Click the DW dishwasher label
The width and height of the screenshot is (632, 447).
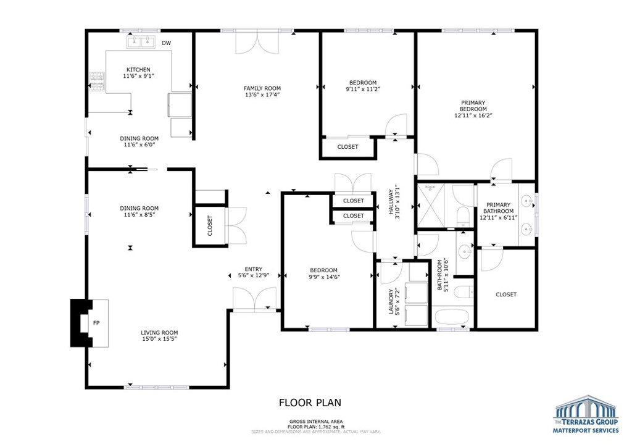tap(166, 43)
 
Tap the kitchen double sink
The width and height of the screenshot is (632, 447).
tap(141, 42)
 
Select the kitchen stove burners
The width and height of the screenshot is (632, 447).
tap(97, 81)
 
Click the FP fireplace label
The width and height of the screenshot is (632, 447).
tap(96, 323)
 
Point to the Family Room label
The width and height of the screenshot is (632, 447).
tap(262, 88)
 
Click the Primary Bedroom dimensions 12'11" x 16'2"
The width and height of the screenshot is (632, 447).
tap(473, 115)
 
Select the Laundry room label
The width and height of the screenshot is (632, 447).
tap(390, 301)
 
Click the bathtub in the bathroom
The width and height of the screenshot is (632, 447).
tap(452, 317)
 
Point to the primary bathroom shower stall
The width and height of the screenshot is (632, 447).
tap(430, 205)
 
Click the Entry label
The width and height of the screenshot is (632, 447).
tap(254, 269)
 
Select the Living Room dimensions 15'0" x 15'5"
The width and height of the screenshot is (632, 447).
tap(160, 339)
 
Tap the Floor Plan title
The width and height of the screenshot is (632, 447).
tap(310, 403)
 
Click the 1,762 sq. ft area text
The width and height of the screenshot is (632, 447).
tap(331, 427)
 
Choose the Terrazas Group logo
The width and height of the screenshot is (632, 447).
tap(586, 414)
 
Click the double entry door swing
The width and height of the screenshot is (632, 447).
tap(255, 299)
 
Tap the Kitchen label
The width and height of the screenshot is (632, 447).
tap(138, 69)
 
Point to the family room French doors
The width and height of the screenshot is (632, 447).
tap(257, 43)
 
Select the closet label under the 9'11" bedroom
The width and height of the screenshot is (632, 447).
tap(347, 147)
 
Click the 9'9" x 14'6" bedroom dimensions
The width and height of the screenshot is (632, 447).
tap(325, 277)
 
